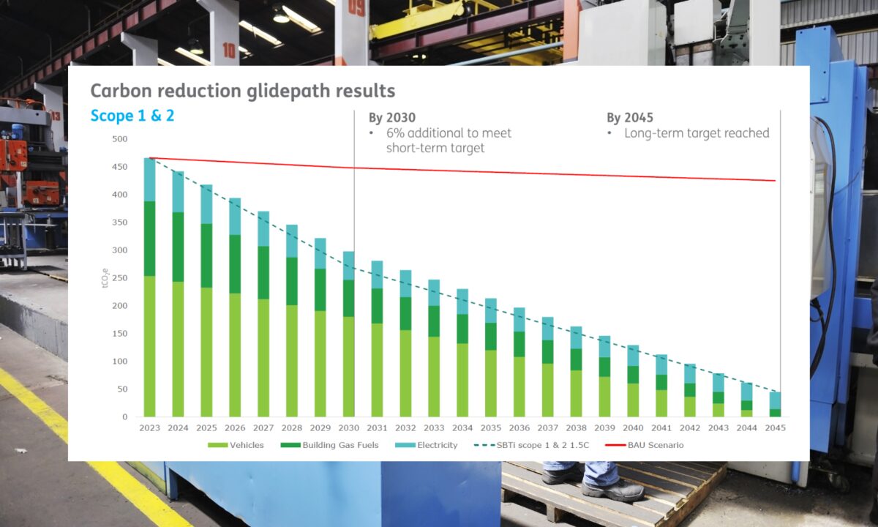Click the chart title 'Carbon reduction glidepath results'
coord(242,91)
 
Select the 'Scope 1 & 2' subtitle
coord(132,116)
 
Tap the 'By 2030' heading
coord(391,118)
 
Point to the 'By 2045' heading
coord(630,118)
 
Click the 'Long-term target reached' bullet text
coord(697,133)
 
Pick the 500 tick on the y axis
coord(120,139)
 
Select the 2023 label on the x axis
coord(149,427)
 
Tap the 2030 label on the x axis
coord(348,427)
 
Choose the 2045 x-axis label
coord(775,427)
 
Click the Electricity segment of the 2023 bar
coord(149,179)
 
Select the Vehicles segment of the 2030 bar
coord(348,366)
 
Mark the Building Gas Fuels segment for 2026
coord(235,263)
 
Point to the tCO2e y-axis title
coord(105,278)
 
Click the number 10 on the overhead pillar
coord(230,50)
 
